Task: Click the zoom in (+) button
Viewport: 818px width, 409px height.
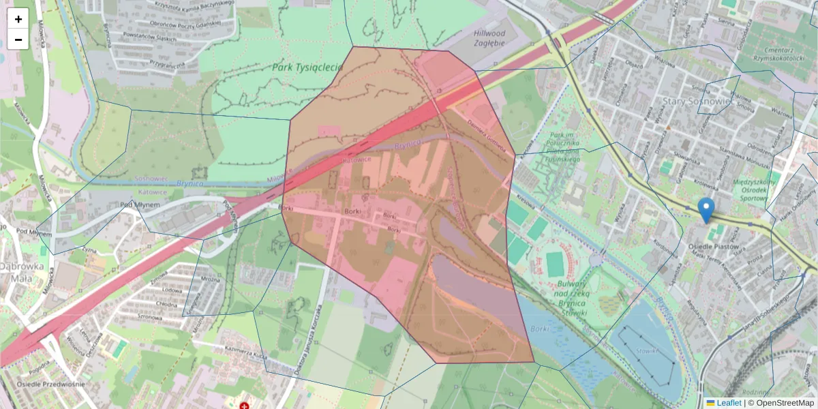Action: (18, 19)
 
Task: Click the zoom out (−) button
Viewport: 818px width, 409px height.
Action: (18, 40)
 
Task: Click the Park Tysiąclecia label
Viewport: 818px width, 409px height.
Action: (306, 67)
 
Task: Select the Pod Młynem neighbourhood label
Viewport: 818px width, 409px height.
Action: (140, 204)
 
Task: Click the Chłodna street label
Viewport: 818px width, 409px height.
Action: (166, 304)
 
